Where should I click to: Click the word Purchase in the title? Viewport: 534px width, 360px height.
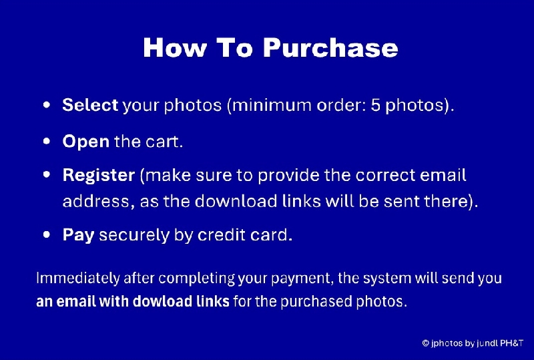tap(330, 48)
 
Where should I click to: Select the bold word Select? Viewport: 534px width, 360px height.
tap(90, 106)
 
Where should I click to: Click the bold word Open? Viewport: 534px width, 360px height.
tap(85, 142)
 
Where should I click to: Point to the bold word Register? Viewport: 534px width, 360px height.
tap(98, 176)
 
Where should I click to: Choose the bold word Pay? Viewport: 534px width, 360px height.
tap(77, 235)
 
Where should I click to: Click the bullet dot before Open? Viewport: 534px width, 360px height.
tap(46, 142)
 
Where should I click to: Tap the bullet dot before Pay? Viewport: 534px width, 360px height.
tap(46, 235)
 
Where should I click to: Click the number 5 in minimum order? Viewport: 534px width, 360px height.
tap(375, 106)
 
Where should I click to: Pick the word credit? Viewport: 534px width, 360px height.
tap(222, 235)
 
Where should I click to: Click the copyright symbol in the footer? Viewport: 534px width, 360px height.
tap(425, 343)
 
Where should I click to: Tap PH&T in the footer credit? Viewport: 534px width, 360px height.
tap(508, 343)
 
